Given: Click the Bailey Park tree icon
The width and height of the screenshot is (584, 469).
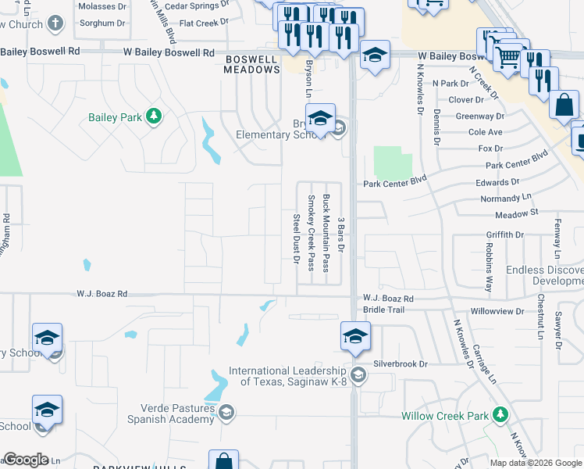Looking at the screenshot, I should [155, 117].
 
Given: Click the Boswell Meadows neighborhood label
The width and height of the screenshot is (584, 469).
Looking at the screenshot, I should [252, 64].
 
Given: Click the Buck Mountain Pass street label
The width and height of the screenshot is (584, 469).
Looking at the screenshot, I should [326, 232].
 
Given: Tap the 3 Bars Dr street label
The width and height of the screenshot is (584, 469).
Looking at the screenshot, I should [340, 234].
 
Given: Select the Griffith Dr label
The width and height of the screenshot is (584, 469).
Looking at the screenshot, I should [504, 234].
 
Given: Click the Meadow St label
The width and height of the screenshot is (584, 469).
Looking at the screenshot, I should [517, 213].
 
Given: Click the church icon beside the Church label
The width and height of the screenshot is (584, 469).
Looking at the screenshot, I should [55, 23].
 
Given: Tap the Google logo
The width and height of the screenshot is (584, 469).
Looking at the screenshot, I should [26, 460].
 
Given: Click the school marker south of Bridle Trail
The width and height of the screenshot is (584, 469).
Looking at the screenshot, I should [355, 336].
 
